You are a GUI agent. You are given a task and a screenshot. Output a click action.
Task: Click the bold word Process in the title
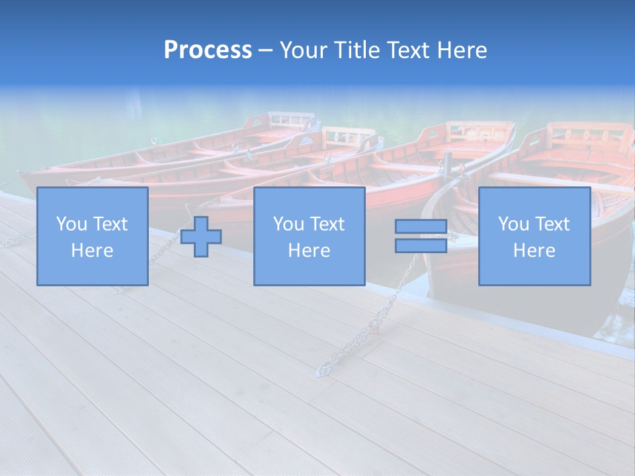pyautogui.click(x=208, y=50)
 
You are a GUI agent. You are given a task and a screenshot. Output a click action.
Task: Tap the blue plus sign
pyautogui.click(x=201, y=236)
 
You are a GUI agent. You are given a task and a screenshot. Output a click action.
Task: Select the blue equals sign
pyautogui.click(x=421, y=236)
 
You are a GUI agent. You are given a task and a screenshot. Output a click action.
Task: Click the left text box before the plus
pyautogui.click(x=93, y=236)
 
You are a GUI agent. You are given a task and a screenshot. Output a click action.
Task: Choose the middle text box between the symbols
pyautogui.click(x=309, y=236)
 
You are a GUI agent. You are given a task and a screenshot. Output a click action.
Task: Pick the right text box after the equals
pyautogui.click(x=534, y=236)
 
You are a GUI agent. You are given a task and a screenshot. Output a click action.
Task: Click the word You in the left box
pyautogui.click(x=71, y=224)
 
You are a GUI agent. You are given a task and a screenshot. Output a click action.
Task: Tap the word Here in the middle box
pyautogui.click(x=309, y=251)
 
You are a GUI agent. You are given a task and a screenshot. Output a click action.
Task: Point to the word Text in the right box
pyautogui.click(x=553, y=224)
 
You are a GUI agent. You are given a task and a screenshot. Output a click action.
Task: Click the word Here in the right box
pyautogui.click(x=534, y=251)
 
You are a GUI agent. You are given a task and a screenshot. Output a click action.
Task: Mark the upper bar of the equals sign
pyautogui.click(x=421, y=227)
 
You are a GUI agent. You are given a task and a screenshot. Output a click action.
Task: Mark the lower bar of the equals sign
pyautogui.click(x=421, y=245)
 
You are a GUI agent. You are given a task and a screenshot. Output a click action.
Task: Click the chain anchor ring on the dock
pyautogui.click(x=323, y=372)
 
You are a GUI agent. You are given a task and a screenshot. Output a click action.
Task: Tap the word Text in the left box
pyautogui.click(x=110, y=224)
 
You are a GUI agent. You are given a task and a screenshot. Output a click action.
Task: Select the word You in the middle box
pyautogui.click(x=288, y=224)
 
